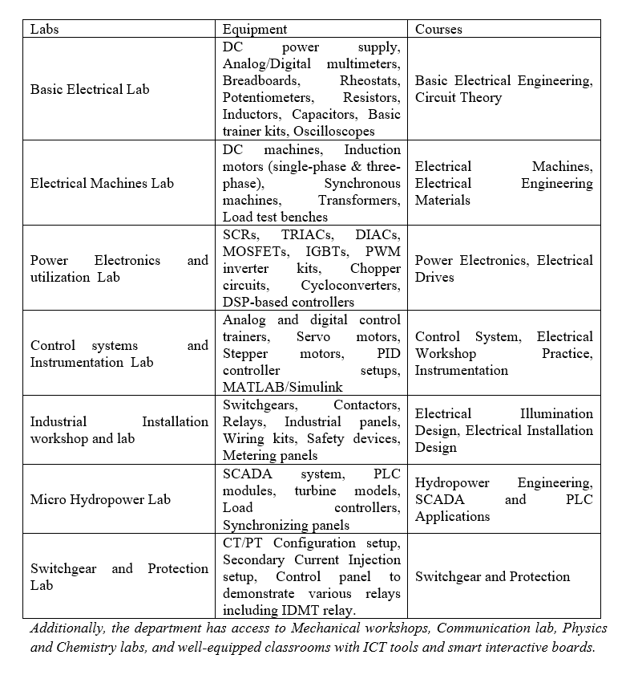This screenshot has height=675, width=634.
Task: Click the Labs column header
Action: coord(45,29)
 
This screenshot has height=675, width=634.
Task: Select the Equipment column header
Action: coord(255,29)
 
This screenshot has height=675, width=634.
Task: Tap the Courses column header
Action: coord(438,29)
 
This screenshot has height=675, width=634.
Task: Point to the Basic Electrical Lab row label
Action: coord(90,89)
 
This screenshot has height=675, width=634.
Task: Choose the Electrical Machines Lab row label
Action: coord(102,183)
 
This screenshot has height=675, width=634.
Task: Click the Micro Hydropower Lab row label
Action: coord(100,499)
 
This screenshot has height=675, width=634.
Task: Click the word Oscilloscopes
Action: coord(334,132)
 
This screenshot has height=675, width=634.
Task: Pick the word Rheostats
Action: coord(369,81)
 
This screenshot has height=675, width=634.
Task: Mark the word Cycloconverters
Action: coord(350,286)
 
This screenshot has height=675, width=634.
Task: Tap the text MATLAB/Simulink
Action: coord(273,388)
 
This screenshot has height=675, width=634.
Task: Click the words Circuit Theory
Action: coord(458,98)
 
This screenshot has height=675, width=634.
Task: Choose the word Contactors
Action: coord(366,405)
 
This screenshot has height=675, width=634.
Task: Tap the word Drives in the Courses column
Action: coord(434,277)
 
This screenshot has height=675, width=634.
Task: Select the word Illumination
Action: coord(556,413)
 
